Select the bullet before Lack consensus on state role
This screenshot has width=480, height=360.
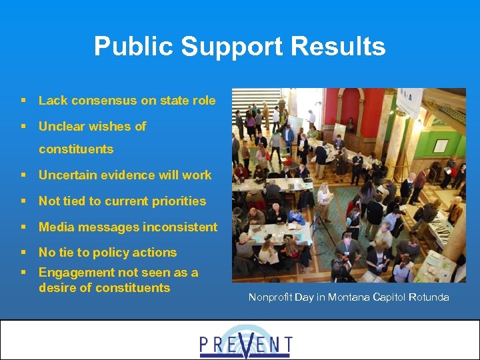[23, 101]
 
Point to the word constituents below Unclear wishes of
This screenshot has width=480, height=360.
[76, 149]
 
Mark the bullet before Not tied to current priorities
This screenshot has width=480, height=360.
[23, 201]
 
